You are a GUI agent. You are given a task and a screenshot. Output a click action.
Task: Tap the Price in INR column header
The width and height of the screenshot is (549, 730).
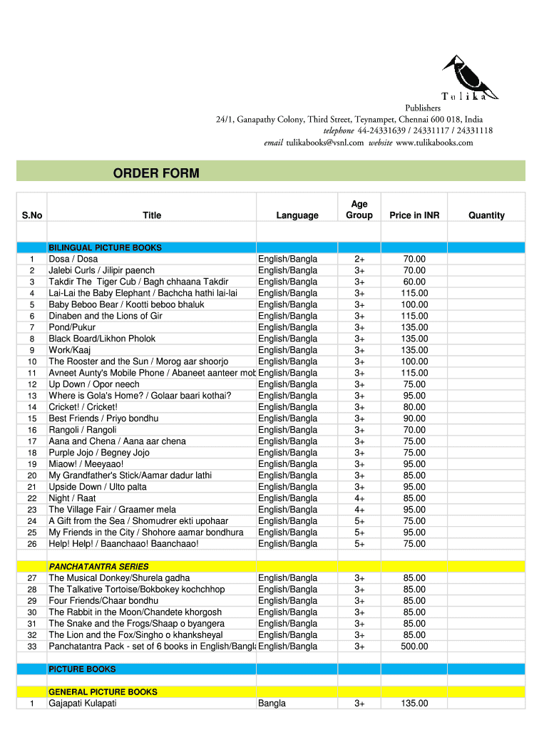pos(414,215)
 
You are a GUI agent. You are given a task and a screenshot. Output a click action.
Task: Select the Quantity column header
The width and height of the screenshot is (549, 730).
pos(486,215)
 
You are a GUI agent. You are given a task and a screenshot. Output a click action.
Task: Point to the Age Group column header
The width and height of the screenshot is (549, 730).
pos(359,210)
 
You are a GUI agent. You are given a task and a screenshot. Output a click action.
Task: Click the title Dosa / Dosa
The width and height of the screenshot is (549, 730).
pos(73,259)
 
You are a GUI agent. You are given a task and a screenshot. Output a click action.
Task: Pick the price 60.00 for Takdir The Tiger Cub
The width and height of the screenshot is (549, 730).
pos(414,282)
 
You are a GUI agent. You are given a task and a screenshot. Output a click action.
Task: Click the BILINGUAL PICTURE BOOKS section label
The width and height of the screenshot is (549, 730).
pos(105,247)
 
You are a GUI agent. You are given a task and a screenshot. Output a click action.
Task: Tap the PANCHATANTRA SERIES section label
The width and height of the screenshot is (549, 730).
pos(98,567)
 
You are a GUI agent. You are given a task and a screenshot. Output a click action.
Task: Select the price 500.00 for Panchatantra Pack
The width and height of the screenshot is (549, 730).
pos(414,647)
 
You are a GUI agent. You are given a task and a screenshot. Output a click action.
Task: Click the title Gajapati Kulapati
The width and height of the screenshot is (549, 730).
pos(83,704)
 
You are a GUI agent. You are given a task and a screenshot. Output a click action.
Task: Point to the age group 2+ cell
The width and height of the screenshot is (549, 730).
pos(359,259)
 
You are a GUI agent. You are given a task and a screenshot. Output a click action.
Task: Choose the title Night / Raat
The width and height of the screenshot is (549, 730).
pos(72,498)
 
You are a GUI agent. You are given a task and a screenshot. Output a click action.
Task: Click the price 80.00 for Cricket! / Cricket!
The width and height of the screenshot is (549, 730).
pos(414,407)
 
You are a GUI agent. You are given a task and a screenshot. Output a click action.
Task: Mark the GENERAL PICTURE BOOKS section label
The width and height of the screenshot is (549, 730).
pos(103,692)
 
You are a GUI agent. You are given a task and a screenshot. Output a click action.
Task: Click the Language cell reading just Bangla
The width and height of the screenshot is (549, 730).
pos(272,704)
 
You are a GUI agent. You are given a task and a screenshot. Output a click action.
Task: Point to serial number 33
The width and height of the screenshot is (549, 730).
pos(32,647)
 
